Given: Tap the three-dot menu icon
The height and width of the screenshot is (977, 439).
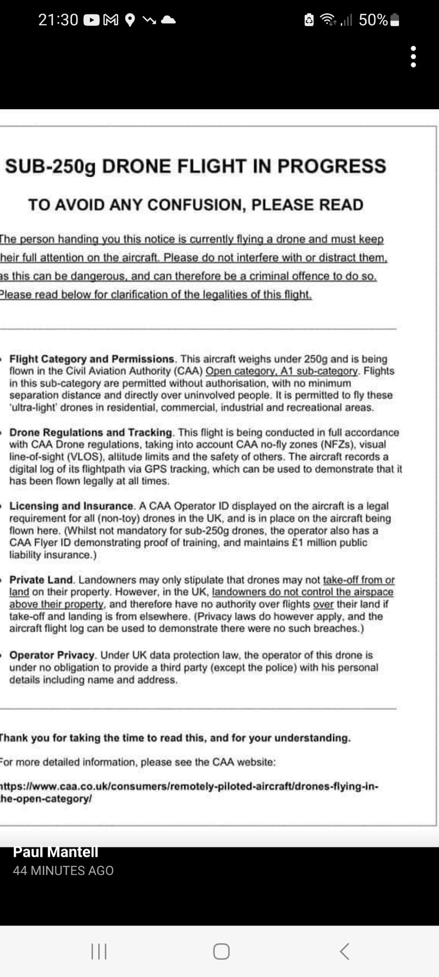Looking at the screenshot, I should pos(413,57).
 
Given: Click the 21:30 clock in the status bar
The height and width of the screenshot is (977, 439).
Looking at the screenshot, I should pos(58,20).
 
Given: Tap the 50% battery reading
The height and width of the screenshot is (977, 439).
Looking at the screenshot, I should pos(373,20).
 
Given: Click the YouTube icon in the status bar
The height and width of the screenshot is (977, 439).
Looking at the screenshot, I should pos(92,20).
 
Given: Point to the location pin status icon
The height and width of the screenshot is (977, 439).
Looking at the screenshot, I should pos(130,20).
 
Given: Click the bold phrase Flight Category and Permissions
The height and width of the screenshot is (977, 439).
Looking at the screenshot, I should pos(92,359).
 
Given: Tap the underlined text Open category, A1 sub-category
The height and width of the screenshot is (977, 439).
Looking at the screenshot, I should pos(282,371).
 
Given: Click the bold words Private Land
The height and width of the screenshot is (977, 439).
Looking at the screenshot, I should pos(41,580).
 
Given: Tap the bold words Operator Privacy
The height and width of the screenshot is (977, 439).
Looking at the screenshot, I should pos(53,655).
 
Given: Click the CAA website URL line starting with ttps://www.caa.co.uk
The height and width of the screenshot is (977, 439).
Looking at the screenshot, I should pos(190,786).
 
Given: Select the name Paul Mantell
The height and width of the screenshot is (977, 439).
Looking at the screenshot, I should pos(56,852).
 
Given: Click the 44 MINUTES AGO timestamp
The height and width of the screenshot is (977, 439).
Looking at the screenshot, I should pos(63,871).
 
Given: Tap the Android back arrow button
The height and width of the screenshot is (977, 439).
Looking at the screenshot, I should pos(344,951).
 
